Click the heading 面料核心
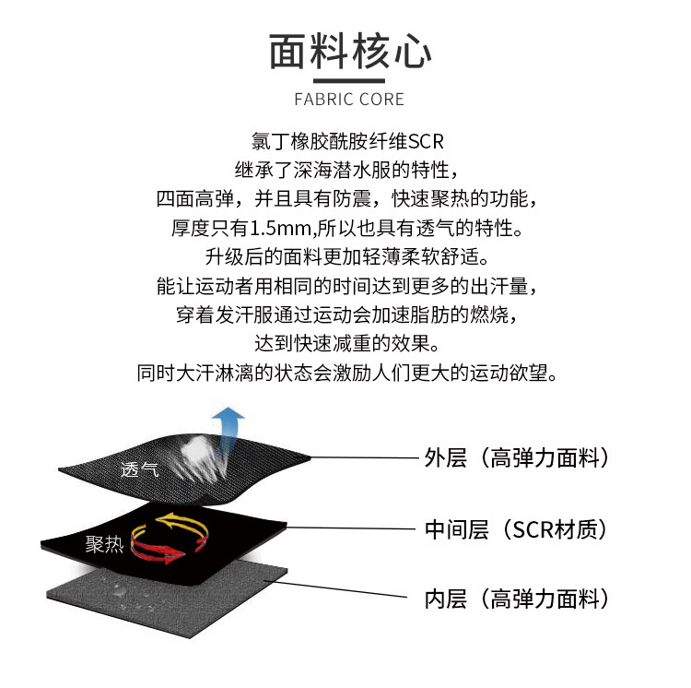tap(349, 52)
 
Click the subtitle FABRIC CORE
tap(348, 99)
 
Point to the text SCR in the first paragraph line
tap(426, 143)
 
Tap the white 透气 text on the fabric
tap(139, 469)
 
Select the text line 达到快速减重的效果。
tap(346, 345)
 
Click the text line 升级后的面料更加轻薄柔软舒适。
tap(346, 255)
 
